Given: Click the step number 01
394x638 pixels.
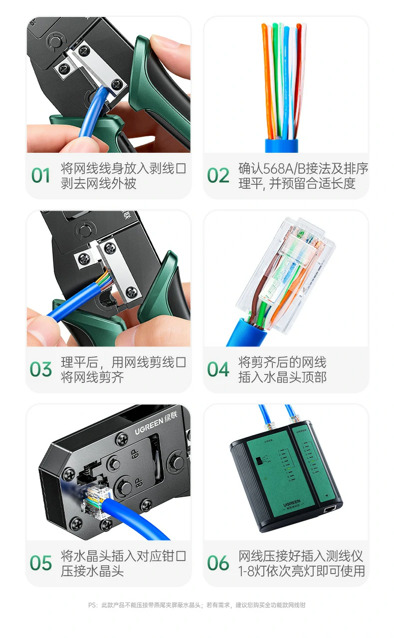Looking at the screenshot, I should (x=41, y=176).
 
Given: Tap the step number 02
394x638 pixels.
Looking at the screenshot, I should (x=218, y=176).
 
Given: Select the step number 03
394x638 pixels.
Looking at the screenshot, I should (x=41, y=369).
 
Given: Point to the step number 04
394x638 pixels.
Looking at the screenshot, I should (x=218, y=369).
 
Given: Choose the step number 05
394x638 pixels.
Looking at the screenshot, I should (x=41, y=563).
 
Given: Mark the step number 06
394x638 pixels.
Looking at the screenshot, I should (x=218, y=563).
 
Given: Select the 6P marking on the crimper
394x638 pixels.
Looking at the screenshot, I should (x=134, y=454).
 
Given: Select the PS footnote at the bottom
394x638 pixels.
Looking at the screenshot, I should (x=197, y=605).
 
